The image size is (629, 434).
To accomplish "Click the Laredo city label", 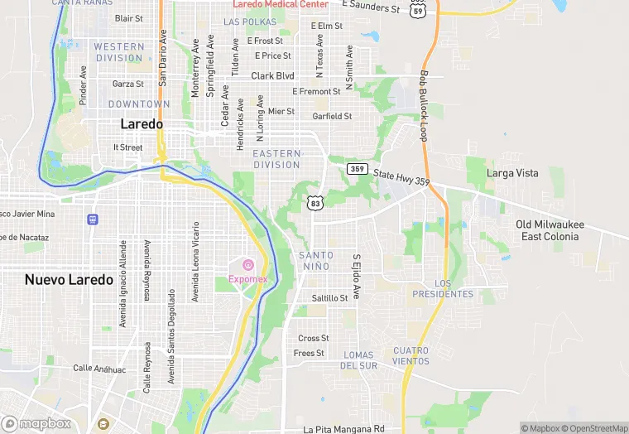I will pos(142,123).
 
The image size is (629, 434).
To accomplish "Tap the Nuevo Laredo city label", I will pos(69,279).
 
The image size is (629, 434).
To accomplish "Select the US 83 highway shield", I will pos(314,202).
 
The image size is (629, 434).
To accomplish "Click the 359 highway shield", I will pos(358,169).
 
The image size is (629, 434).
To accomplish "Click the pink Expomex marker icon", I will pos(248,264).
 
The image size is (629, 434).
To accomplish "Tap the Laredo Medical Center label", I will pos(281,4).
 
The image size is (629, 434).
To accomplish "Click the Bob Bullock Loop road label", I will pos(424,105).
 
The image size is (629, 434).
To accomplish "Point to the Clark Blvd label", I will pos(273,75).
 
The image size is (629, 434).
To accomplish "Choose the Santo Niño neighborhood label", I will pos(316,261).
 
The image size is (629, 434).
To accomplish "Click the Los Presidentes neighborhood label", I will pos(454,288).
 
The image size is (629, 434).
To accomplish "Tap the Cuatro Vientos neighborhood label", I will pos(411,355).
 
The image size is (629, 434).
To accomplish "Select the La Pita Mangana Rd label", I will pos(344,429).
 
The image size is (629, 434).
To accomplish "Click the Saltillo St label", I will pos(329,297).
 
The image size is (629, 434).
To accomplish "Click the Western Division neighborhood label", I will pos(118,52).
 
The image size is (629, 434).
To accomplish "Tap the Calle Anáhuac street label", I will pos(98,368).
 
